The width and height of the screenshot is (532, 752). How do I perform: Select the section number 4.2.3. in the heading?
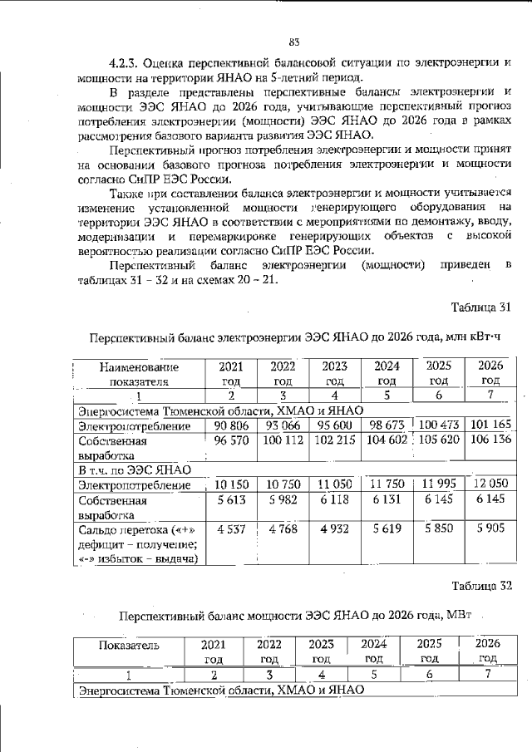coord(126,62)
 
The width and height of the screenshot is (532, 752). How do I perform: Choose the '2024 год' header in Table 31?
coord(387,374)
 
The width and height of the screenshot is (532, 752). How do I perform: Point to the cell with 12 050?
coord(490,484)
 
